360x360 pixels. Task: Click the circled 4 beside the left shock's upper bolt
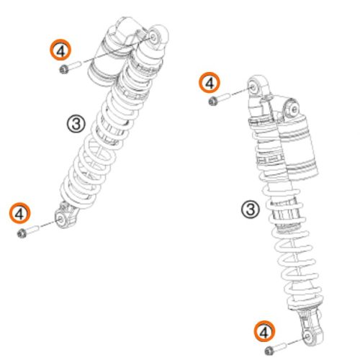pos(60,50)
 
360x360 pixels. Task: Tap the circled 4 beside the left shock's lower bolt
pos(20,213)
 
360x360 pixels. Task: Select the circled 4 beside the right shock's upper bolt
pos(210,83)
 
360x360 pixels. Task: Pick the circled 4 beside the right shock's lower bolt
pos(265,331)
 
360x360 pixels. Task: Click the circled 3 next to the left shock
pos(76,124)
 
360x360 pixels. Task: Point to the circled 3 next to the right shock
pos(251,209)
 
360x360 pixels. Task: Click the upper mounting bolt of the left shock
pos(71,67)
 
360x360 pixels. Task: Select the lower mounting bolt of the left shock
pos(28,231)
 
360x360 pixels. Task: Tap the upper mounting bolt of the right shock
pos(219,99)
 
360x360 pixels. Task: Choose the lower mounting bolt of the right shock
pos(276,348)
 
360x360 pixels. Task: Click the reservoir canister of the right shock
pos(299,146)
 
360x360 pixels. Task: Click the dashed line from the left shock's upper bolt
pos(118,50)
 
